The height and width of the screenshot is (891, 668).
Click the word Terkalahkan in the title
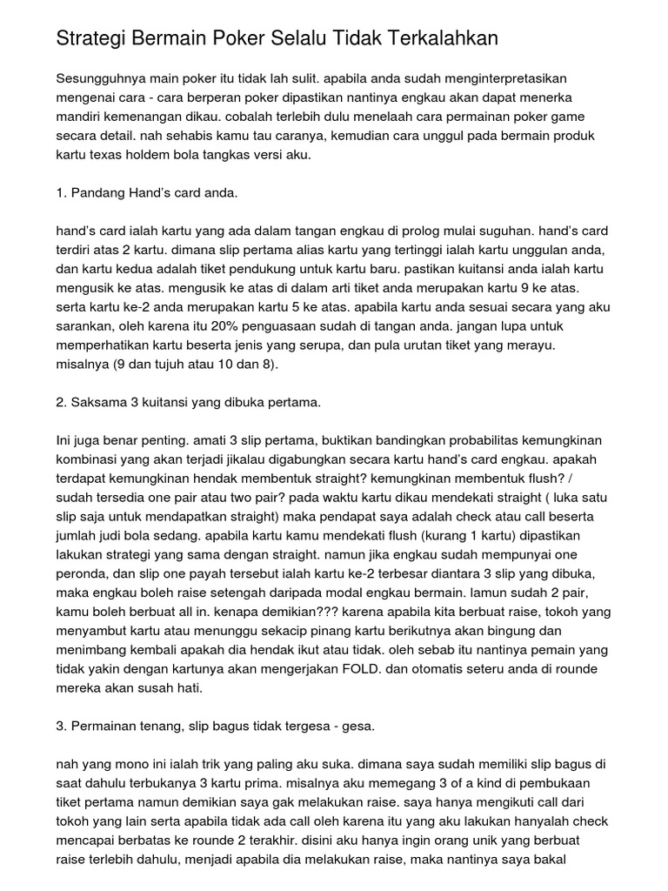pyautogui.click(x=436, y=39)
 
